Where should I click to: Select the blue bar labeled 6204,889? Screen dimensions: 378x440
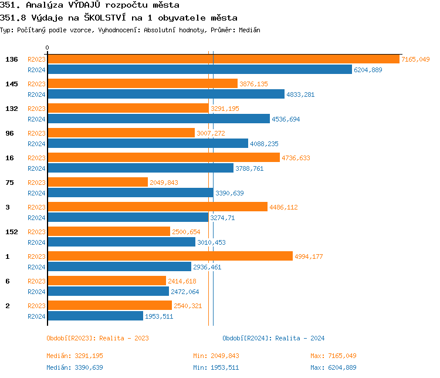point(199,70)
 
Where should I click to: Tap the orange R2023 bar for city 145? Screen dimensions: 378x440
point(142,84)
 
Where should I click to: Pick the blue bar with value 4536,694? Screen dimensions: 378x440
point(158,119)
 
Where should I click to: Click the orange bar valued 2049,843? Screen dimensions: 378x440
point(97,183)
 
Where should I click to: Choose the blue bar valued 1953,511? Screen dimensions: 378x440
point(95,316)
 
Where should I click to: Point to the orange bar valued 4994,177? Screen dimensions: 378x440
point(170,256)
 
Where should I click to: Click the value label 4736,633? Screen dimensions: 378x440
point(296,158)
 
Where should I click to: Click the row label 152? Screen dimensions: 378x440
point(12,232)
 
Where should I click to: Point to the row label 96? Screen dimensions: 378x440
point(9,133)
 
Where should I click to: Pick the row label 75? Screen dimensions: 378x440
point(9,183)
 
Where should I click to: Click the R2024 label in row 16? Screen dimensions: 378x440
point(36,168)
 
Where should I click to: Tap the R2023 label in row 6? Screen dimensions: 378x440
point(36,281)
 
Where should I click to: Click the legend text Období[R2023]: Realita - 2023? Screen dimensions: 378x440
point(97,338)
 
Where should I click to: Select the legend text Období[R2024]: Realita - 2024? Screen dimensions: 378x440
point(273,338)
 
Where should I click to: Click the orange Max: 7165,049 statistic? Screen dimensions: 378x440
point(333,356)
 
